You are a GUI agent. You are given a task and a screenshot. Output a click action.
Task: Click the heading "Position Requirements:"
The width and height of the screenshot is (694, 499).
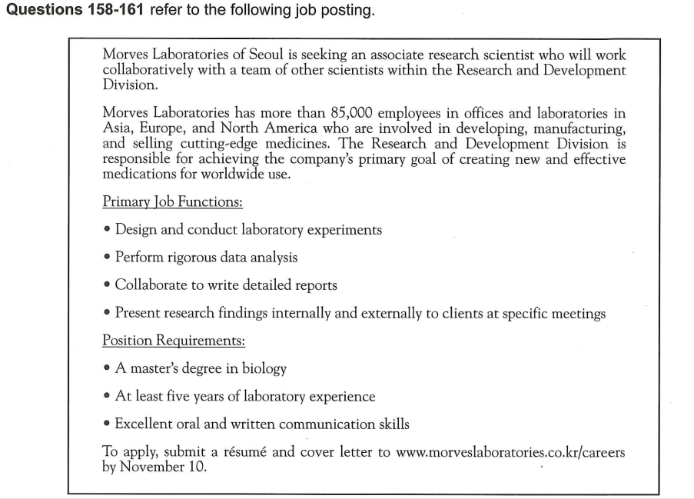(x=174, y=340)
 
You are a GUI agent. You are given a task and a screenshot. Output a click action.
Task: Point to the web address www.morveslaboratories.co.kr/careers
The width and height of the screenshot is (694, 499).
(x=510, y=452)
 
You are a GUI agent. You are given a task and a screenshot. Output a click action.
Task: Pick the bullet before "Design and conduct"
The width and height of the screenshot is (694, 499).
(x=107, y=230)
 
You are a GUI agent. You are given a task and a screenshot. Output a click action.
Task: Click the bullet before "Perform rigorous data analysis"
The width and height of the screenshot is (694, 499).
(x=107, y=258)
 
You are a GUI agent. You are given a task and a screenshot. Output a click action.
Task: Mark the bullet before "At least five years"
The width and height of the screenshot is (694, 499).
(x=107, y=397)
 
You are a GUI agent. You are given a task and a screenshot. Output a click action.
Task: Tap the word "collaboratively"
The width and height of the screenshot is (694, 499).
(x=149, y=70)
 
